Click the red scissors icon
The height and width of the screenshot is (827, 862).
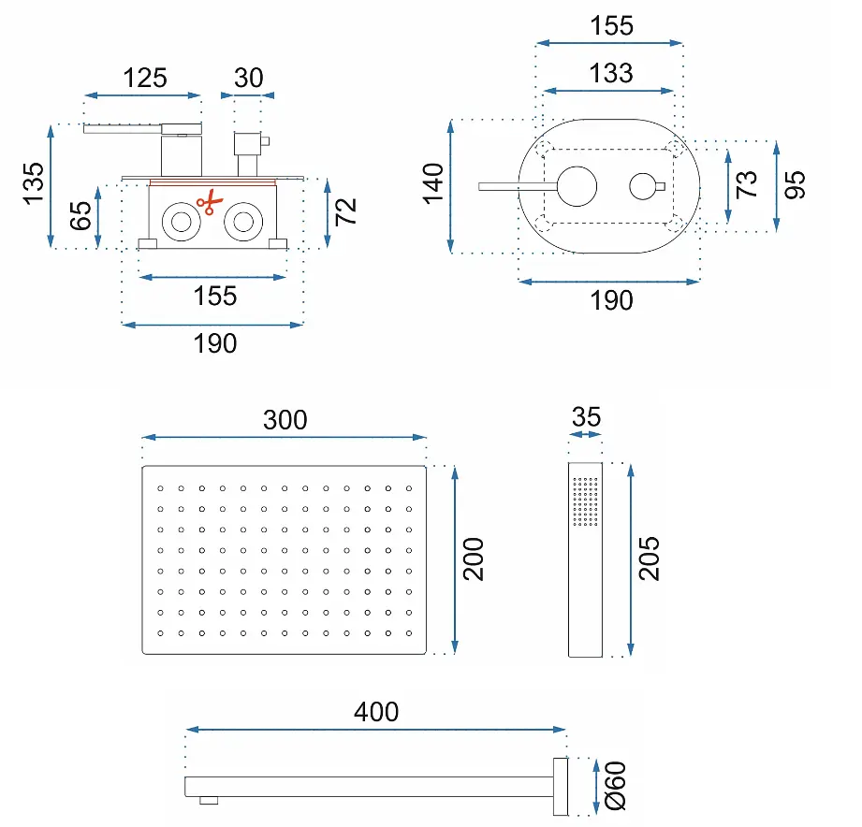click(210, 202)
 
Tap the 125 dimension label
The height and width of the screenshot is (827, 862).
click(144, 78)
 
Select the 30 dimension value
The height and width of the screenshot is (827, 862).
click(248, 78)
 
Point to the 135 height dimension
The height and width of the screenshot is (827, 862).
click(34, 183)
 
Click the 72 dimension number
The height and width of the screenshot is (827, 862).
click(345, 211)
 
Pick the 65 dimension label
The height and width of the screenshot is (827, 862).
click(80, 215)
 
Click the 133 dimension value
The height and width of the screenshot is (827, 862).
click(611, 73)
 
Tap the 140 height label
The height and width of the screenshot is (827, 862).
click(433, 183)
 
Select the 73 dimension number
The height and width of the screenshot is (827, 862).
click(747, 184)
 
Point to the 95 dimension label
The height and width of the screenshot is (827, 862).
click(795, 184)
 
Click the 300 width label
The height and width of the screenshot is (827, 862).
click(285, 420)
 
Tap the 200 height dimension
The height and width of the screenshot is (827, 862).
click(474, 559)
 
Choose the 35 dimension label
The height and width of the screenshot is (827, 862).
click(586, 417)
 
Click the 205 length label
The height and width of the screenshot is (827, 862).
click(650, 559)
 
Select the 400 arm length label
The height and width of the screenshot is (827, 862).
click(376, 712)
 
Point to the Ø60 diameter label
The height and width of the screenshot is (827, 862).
click(616, 787)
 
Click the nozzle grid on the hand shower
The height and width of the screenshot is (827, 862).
click(585, 501)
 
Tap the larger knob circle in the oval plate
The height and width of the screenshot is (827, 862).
click(577, 186)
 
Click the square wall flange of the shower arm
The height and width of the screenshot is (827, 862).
click(561, 787)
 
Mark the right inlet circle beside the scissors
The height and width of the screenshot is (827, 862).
click(243, 222)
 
